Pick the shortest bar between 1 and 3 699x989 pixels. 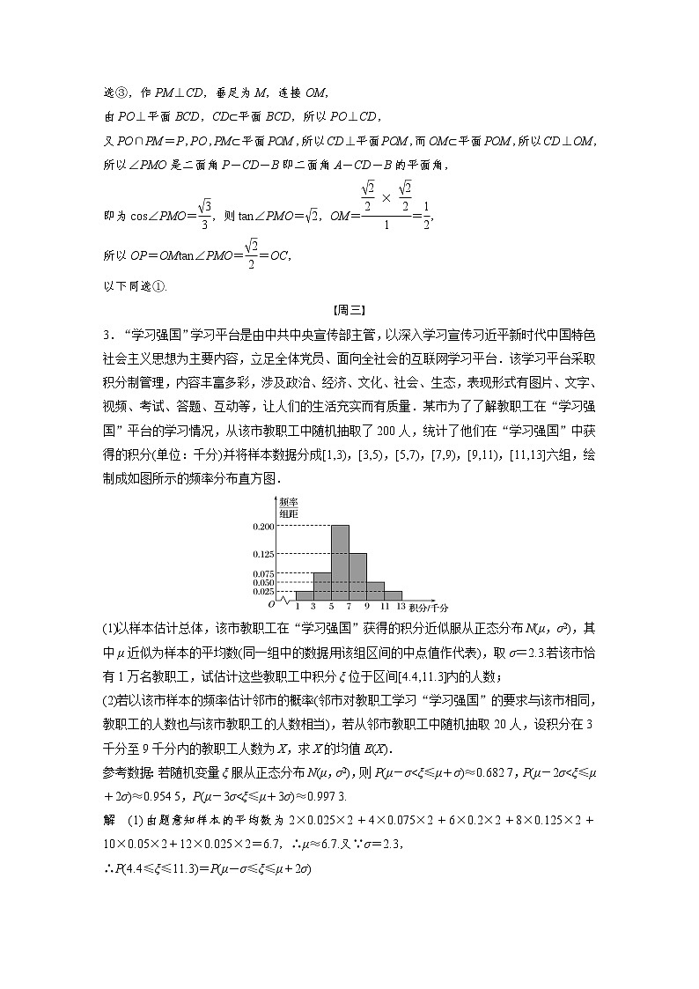(x=305, y=595)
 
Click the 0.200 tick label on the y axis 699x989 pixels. (x=264, y=527)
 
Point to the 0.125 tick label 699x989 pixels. (x=264, y=554)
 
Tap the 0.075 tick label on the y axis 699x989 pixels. (x=264, y=572)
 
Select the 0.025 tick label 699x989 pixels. (x=264, y=591)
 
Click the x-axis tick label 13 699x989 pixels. (x=401, y=607)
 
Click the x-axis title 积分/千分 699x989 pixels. (x=429, y=608)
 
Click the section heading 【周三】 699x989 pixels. (x=349, y=309)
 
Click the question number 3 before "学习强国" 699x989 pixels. (x=105, y=335)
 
